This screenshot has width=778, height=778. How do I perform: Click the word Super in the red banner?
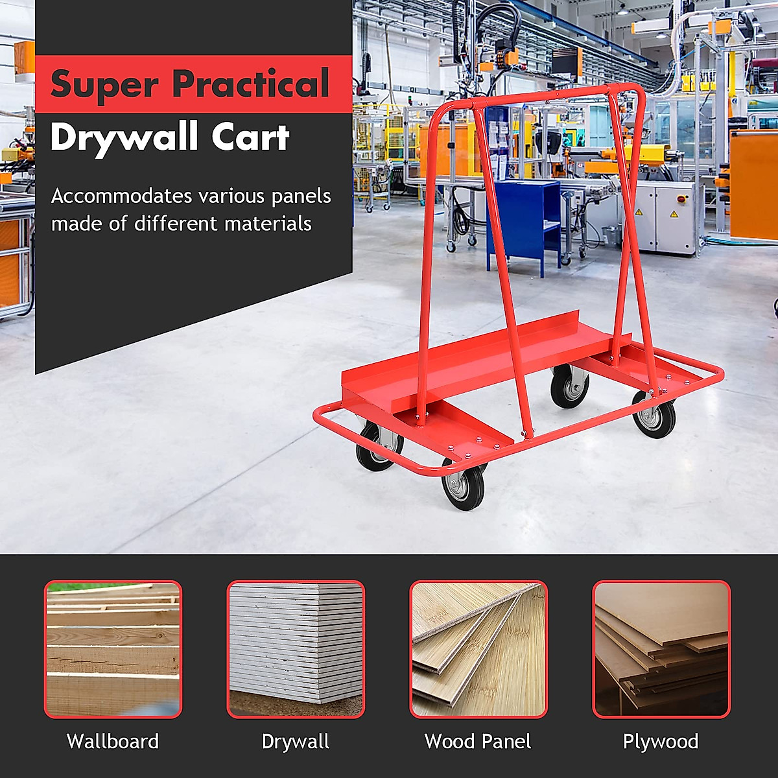point(104,85)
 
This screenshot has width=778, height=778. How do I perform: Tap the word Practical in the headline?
point(252,84)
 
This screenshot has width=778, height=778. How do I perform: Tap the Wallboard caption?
point(113,741)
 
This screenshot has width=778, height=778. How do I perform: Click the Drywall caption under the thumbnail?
point(296,741)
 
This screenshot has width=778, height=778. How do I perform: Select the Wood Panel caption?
point(478,741)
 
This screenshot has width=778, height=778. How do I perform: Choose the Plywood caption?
point(661,741)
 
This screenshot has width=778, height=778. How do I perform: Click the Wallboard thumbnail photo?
point(113,649)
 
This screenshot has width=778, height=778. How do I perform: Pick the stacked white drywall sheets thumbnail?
point(296,649)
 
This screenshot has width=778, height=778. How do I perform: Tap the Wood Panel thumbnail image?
point(478,649)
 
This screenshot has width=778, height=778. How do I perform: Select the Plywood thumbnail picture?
point(661,649)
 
